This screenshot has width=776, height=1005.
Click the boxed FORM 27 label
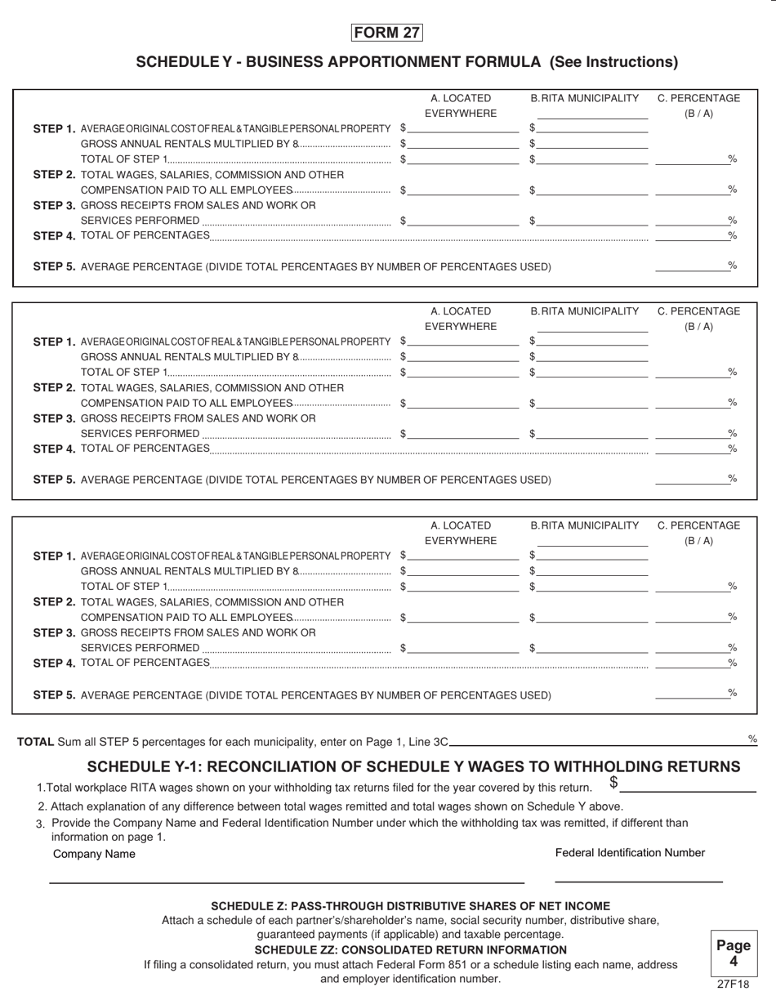point(387,33)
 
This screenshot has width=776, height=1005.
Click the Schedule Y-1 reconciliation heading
point(413,766)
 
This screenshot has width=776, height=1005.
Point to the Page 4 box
point(733,953)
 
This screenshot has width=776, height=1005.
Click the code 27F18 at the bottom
point(733,985)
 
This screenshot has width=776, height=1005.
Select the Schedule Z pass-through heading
point(410,906)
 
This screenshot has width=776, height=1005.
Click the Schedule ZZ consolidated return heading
point(410,950)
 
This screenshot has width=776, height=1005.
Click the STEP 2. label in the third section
point(54,602)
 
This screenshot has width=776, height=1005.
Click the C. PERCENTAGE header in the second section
point(698,311)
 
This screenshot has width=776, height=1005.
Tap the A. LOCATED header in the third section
point(461,525)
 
